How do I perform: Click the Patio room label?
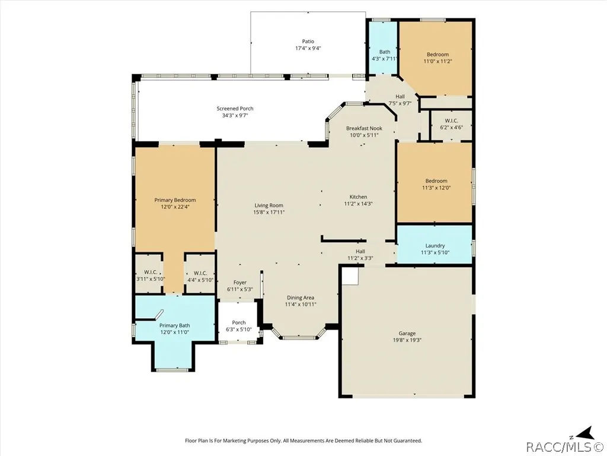click(308, 42)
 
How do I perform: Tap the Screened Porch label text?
click(235, 109)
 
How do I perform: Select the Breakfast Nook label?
click(365, 128)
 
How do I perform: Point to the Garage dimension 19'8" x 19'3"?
click(407, 340)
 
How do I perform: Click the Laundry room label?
click(435, 246)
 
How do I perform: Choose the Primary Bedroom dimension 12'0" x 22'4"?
click(175, 207)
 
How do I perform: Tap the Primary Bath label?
click(175, 326)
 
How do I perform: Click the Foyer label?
click(240, 283)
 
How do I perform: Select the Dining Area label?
click(301, 298)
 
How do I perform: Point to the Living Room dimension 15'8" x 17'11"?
click(269, 212)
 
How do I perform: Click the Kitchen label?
click(359, 197)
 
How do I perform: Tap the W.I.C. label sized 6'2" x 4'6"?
click(451, 121)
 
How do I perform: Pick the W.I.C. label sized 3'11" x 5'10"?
click(151, 272)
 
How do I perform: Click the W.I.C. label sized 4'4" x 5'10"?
click(200, 273)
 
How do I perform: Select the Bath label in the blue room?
click(385, 52)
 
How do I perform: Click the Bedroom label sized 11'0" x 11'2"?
click(438, 55)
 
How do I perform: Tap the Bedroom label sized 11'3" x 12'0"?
click(436, 181)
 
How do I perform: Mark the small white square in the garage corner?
click(350, 276)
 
